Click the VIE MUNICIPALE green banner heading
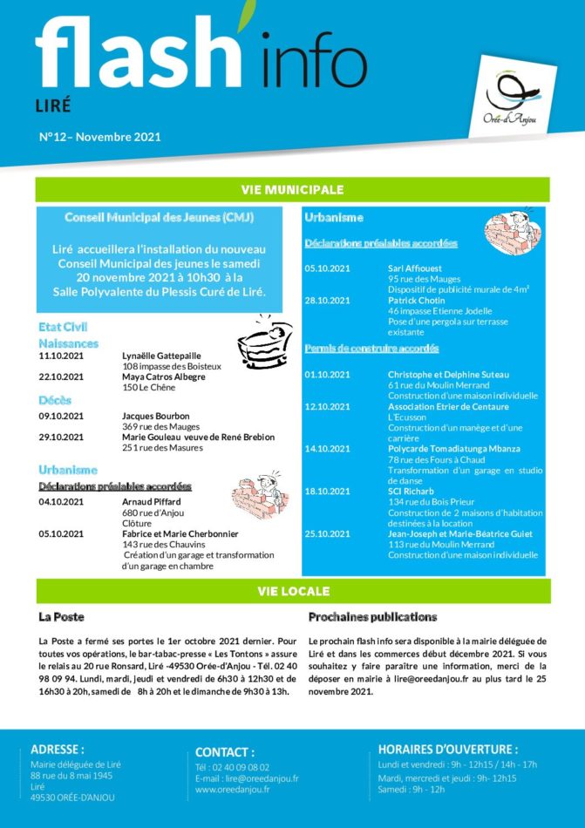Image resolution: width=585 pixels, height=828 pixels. (292, 189)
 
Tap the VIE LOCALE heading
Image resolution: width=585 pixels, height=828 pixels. (293, 591)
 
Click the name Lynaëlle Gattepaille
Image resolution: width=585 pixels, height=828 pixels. (161, 356)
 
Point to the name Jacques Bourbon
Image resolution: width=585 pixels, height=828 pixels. (155, 416)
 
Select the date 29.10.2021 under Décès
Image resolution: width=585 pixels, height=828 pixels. (61, 437)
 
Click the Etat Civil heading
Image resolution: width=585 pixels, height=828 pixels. (64, 326)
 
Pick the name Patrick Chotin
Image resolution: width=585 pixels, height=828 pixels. (416, 301)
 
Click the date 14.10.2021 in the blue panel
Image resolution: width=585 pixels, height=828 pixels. (327, 449)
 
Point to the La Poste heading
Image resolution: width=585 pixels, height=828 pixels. (61, 617)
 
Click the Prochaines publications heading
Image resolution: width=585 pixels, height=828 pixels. (372, 617)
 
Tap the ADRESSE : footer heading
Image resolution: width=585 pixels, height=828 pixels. (58, 749)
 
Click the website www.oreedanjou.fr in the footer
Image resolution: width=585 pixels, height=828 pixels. (232, 790)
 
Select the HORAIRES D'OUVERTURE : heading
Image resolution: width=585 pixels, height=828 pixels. (447, 749)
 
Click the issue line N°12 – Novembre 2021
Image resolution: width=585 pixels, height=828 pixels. (100, 137)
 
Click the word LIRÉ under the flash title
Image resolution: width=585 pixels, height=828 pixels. (53, 105)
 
